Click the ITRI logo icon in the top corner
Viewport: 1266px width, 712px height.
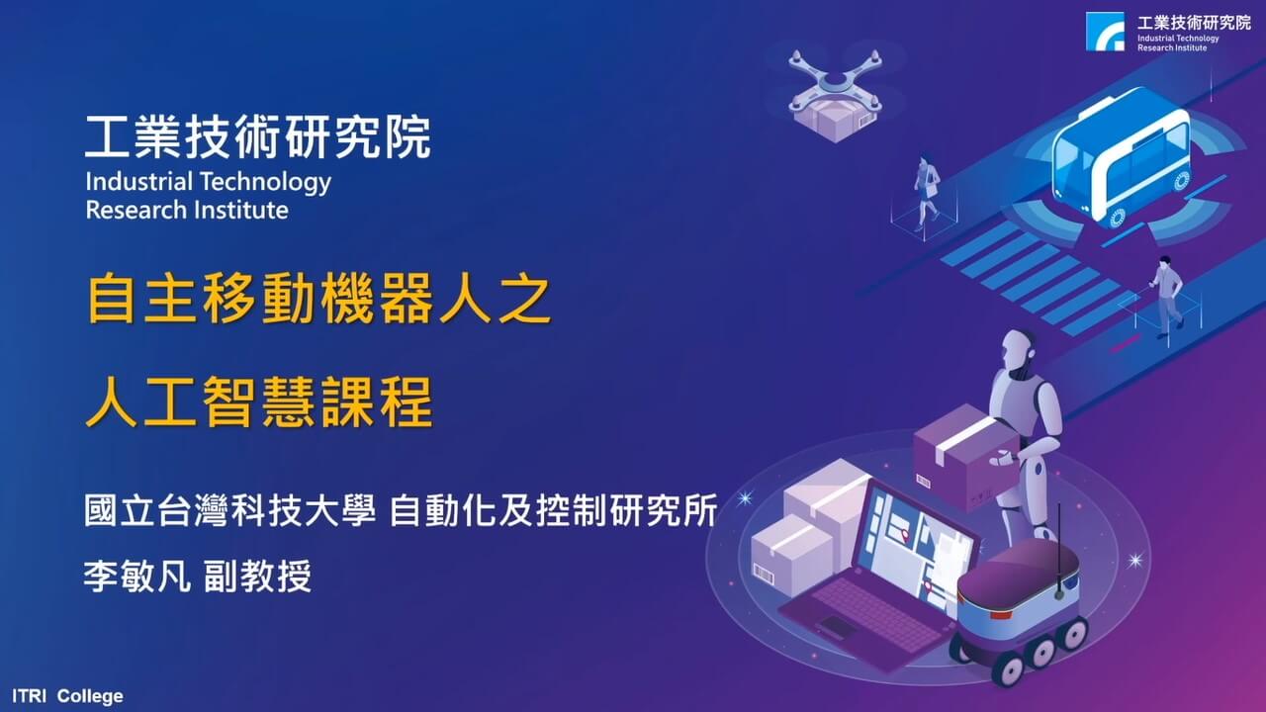pos(1105,32)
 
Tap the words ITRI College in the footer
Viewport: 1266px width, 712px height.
pos(67,696)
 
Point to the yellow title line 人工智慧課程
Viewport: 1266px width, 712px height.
pos(259,402)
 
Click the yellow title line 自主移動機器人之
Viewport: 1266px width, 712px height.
pos(318,299)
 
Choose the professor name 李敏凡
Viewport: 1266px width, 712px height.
pos(136,577)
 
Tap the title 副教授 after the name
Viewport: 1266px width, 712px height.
pos(258,577)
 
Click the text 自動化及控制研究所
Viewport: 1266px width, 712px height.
pos(554,509)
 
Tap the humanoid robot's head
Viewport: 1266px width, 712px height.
pos(1019,354)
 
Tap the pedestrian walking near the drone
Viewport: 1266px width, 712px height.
pos(927,191)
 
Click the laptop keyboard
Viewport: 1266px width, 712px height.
pos(876,613)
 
